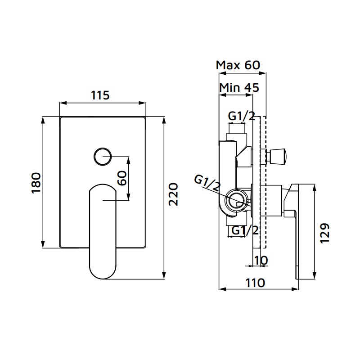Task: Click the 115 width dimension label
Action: [x=100, y=95]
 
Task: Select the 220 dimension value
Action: [x=173, y=194]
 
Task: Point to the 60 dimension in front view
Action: [x=121, y=179]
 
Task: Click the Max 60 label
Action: [x=238, y=65]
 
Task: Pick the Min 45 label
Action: [x=239, y=87]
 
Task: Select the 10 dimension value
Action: [x=261, y=260]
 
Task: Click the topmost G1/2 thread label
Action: [x=241, y=116]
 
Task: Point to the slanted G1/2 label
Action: [x=208, y=184]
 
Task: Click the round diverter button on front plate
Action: [x=103, y=157]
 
